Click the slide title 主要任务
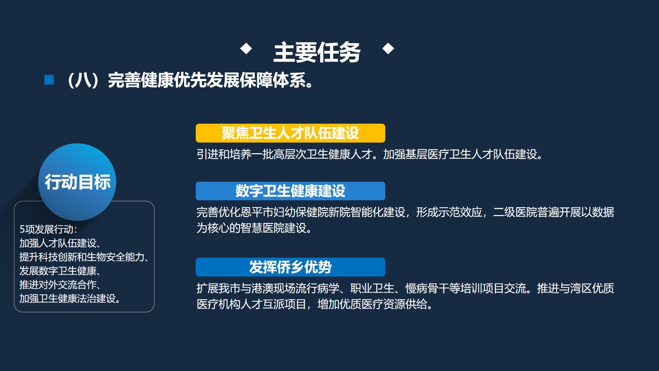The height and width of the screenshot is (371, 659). [x=317, y=53]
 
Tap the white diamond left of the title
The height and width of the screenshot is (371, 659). [x=246, y=48]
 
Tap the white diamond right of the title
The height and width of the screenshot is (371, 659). [x=388, y=48]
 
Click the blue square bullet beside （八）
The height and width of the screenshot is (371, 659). [x=49, y=80]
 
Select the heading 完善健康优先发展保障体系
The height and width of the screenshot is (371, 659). [x=210, y=80]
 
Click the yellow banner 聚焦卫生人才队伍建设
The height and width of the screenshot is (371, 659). [x=290, y=133]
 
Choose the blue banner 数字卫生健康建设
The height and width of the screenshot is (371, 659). [x=290, y=191]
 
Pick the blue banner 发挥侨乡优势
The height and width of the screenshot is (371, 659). [x=290, y=267]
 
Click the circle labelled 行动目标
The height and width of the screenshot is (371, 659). [x=77, y=182]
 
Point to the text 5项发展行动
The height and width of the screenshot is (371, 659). [x=48, y=229]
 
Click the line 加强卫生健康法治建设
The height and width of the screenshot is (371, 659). [x=70, y=299]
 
